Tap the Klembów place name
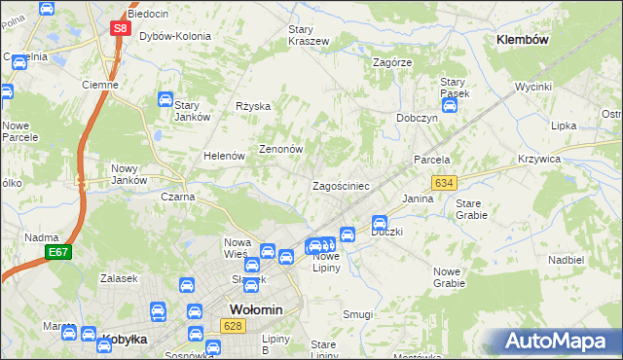[523, 40]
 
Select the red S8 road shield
[120, 29]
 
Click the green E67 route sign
[58, 252]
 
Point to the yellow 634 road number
[445, 183]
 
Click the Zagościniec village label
[340, 185]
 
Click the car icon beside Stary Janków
[165, 100]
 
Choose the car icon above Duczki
[381, 223]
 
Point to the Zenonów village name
[281, 150]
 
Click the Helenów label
[223, 156]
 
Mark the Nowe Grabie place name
[449, 276]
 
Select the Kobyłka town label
[124, 340]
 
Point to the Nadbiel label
[566, 261]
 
